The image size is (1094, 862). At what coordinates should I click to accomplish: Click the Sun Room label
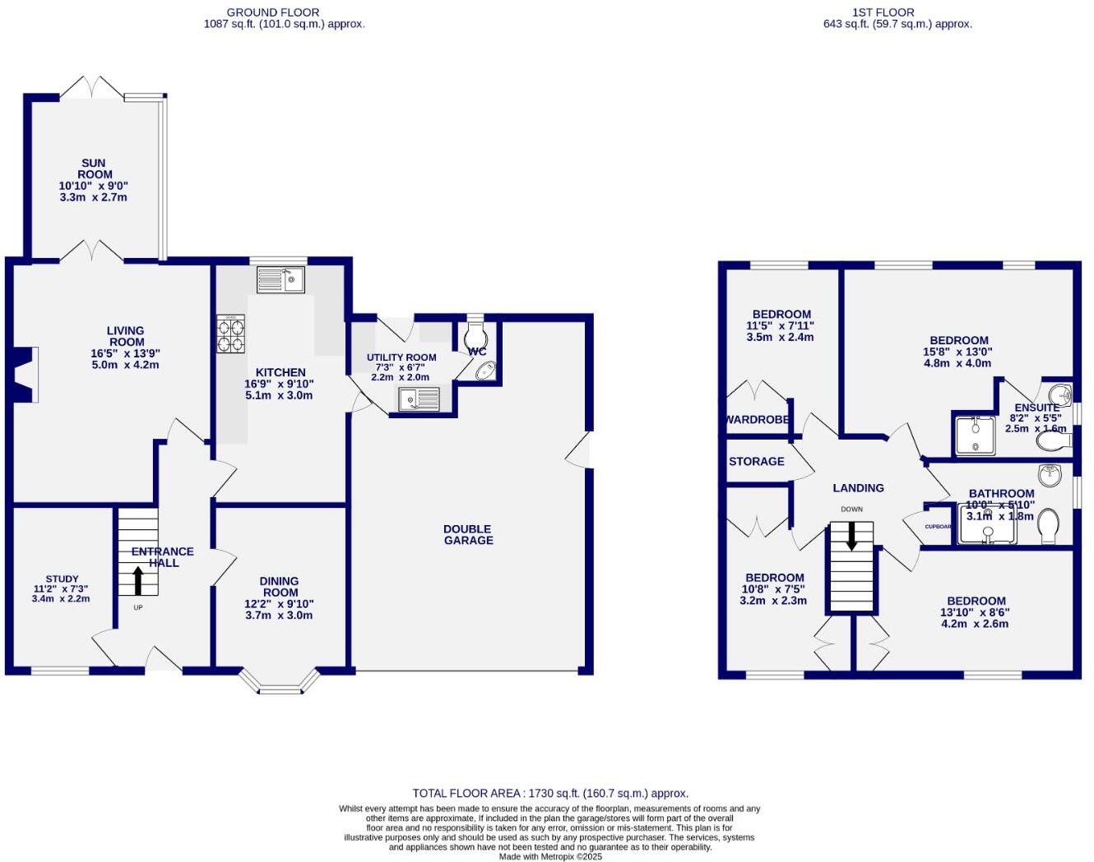point(94,168)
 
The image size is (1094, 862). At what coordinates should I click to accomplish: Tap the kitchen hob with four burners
point(231,334)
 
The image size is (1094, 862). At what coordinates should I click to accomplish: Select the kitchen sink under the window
point(280,279)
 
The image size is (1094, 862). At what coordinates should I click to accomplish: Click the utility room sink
point(420,399)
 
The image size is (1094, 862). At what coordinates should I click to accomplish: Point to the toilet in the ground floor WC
point(476,336)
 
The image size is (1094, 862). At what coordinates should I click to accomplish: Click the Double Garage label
point(468,535)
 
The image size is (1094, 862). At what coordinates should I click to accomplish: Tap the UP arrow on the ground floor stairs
point(137,580)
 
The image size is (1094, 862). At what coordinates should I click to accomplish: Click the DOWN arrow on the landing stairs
point(851,537)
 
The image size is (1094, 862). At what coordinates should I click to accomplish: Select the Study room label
point(62,579)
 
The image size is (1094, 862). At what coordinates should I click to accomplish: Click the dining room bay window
point(280,683)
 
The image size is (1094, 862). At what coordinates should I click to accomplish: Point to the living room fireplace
point(24,375)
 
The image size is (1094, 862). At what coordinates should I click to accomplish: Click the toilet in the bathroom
point(1049,526)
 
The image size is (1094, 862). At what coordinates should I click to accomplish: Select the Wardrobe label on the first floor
point(758,420)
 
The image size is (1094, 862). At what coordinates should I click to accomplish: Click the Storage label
point(757,462)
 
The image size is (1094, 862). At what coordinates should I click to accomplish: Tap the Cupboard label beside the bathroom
point(938,527)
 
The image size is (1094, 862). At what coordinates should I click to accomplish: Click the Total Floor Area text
point(550,793)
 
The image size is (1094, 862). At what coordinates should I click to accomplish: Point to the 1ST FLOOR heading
point(883,12)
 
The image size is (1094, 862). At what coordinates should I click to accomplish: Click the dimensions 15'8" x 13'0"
point(957,352)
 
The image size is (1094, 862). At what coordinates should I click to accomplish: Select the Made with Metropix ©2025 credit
point(550,856)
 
